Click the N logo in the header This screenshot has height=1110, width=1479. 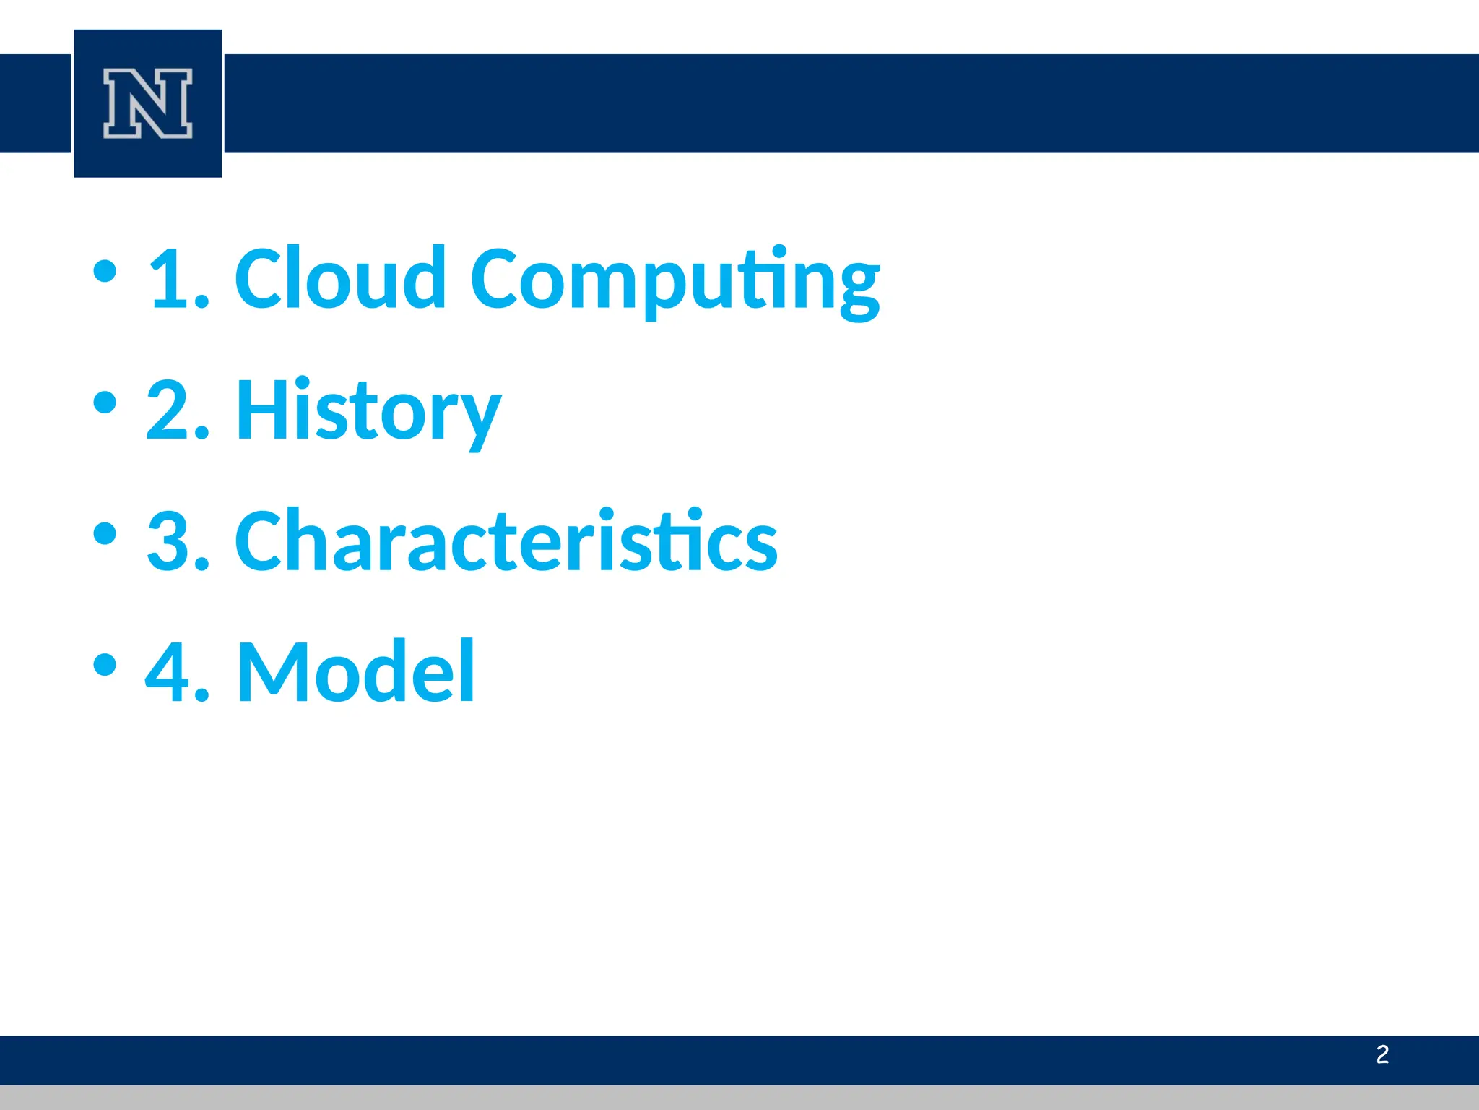(x=147, y=103)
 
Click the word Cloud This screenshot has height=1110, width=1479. (x=340, y=278)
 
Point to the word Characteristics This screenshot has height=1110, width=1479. (x=506, y=541)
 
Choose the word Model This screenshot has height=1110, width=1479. (x=356, y=672)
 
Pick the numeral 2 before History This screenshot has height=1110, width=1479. (x=169, y=410)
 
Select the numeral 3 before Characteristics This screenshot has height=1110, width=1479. (x=169, y=541)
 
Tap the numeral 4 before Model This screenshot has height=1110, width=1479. (x=169, y=672)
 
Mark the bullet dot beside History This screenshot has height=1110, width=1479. (x=105, y=403)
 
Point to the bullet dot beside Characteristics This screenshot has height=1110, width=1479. (x=105, y=533)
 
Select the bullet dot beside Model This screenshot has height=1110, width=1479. (x=105, y=664)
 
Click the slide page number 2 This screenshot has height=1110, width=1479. (x=1382, y=1054)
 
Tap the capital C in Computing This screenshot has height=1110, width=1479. (x=499, y=278)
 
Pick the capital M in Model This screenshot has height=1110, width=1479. (x=273, y=672)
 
